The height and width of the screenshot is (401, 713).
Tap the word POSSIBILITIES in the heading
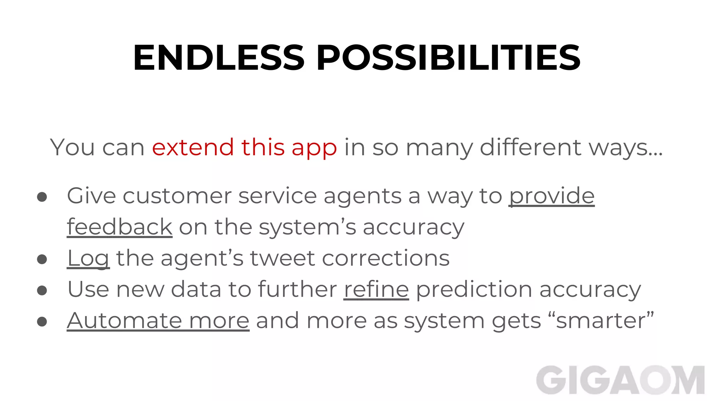(448, 58)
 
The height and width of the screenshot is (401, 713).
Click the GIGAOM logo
(620, 380)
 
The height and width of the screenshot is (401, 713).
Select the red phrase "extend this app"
(244, 147)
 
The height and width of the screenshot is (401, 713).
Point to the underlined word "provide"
(552, 196)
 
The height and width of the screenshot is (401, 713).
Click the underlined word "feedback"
(119, 227)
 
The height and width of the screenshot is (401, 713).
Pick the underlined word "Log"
(88, 258)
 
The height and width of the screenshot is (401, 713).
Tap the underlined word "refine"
(376, 289)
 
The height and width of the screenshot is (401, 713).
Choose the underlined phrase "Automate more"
(158, 320)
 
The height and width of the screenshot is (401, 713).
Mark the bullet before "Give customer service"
(42, 197)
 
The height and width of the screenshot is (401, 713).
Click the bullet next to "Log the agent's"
(42, 259)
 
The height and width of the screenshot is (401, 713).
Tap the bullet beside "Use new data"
(42, 290)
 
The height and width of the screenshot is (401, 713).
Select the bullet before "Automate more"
(42, 321)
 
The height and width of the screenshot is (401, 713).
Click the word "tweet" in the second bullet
(282, 258)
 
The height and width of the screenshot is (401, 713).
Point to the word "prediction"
(474, 289)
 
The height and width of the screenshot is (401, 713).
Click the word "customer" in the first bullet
(177, 196)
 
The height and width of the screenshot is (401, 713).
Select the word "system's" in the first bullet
(307, 227)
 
